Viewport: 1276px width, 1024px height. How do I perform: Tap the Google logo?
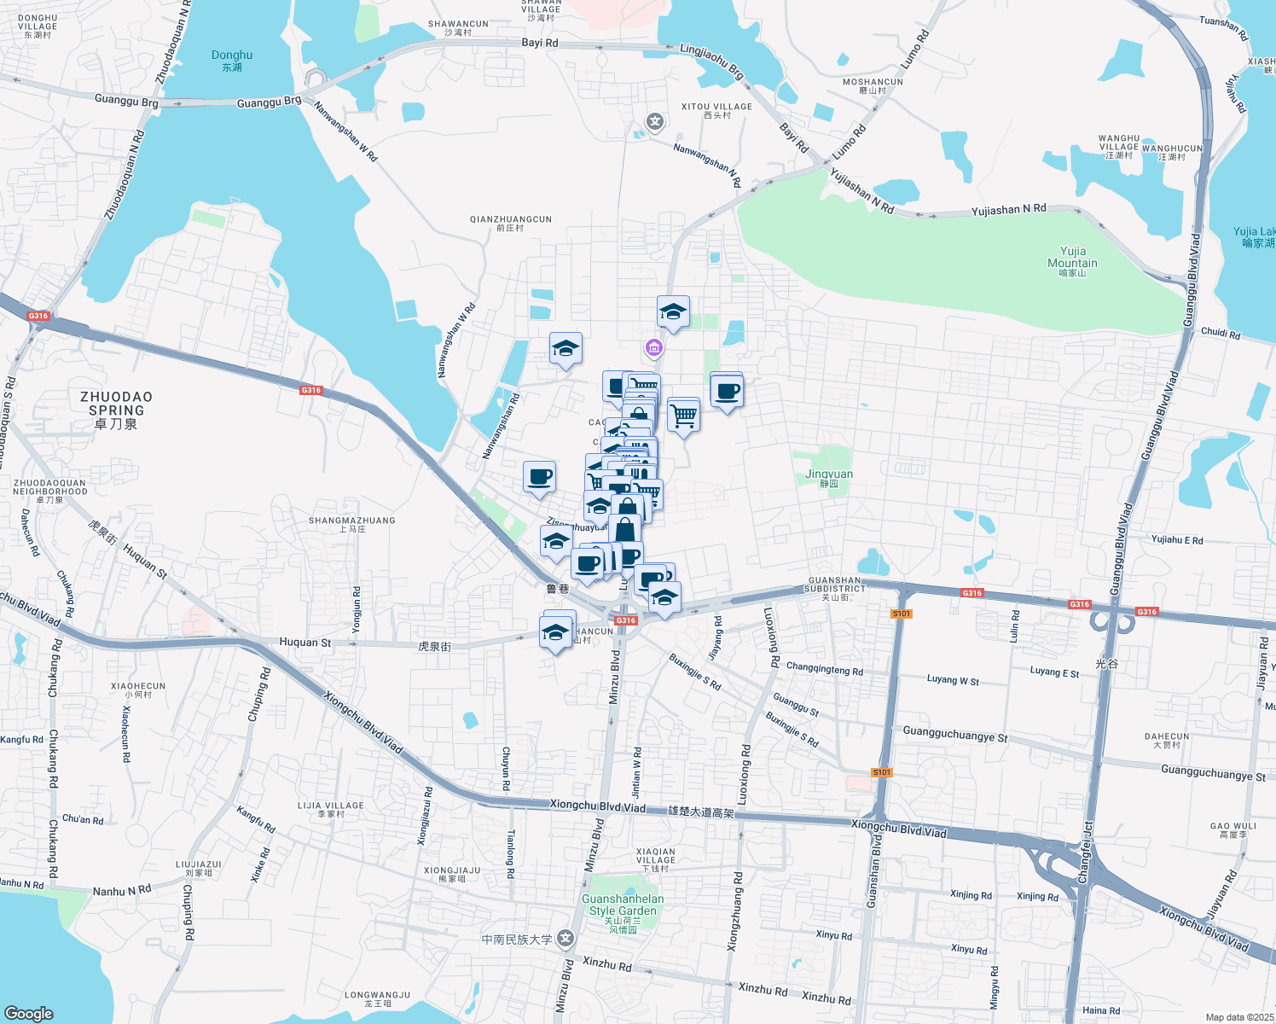tap(29, 1013)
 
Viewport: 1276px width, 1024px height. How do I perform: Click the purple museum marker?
tap(654, 347)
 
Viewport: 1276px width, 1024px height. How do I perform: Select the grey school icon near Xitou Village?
tap(655, 122)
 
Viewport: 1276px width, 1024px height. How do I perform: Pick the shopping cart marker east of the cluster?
tap(684, 416)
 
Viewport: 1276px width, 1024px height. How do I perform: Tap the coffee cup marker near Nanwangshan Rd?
tap(539, 477)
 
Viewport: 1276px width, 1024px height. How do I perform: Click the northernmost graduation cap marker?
tap(673, 311)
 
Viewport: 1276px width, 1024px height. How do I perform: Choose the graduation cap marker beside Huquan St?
tap(555, 633)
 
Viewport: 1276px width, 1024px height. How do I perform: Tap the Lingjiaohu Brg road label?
tap(712, 61)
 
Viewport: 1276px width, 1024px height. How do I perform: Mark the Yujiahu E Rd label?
tap(1177, 540)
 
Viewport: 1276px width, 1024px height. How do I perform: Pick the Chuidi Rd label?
tap(1221, 333)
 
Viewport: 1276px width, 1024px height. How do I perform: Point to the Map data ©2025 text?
tap(1239, 1017)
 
